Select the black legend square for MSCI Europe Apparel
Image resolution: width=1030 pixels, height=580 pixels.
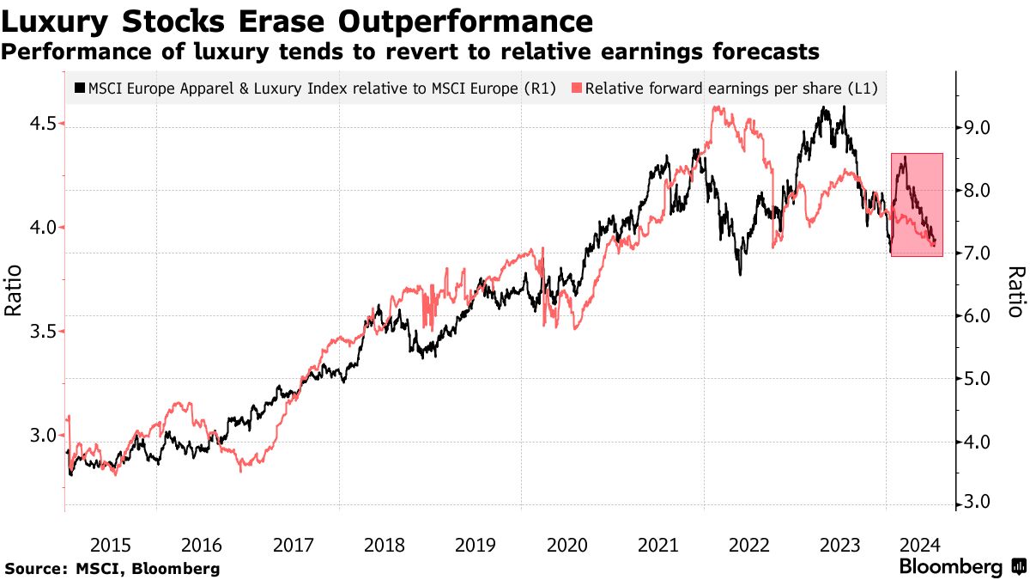click(x=81, y=88)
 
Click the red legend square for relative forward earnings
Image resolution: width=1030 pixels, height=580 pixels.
click(x=579, y=88)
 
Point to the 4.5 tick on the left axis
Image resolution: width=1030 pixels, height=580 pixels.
click(x=43, y=124)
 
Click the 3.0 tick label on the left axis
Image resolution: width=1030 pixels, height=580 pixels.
click(x=43, y=436)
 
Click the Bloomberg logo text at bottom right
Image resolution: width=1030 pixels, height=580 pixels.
click(x=951, y=567)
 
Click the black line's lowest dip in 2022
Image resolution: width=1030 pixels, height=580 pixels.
click(x=740, y=274)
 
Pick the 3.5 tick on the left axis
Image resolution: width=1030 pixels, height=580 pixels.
click(x=43, y=332)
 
